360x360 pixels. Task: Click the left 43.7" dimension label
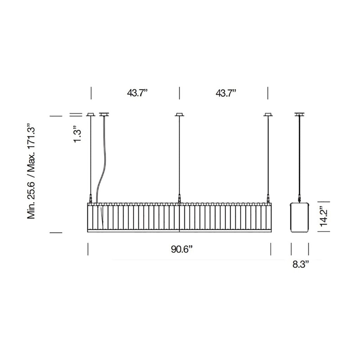coord(137,93)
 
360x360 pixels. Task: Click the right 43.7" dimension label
coord(226,93)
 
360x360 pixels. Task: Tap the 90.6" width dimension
coord(181,249)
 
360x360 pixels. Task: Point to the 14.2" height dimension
coord(324,217)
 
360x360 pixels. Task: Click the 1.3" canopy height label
coord(77,134)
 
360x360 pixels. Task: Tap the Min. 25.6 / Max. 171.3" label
coord(31,171)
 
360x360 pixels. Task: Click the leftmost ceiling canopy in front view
coord(91,114)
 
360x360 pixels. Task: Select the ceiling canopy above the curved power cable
coord(104,114)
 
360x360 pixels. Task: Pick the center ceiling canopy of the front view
coord(179,114)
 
